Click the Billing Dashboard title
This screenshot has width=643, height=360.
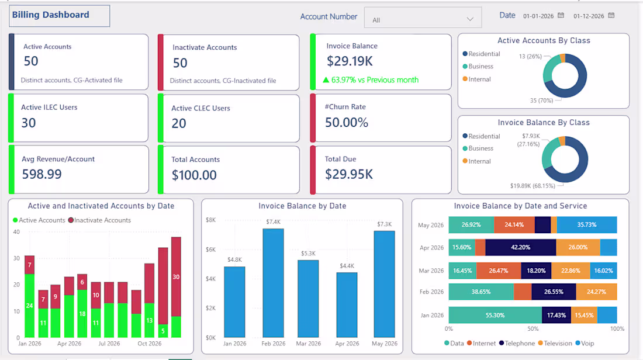(50, 15)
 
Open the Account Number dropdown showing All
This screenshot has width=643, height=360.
(423, 19)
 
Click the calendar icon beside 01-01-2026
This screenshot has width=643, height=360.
(561, 16)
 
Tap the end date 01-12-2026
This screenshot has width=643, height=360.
(589, 16)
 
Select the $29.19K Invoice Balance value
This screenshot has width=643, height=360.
(350, 61)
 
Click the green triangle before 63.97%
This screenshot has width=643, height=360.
(326, 80)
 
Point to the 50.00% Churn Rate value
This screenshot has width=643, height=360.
(347, 122)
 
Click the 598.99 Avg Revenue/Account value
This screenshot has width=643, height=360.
(42, 174)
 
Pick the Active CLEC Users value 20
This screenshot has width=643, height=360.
(179, 123)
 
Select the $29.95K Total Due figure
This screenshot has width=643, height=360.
(349, 174)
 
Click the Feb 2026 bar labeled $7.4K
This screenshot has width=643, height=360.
(273, 283)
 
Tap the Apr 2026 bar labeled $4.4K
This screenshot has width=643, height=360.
(347, 305)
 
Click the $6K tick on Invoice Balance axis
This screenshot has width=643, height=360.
(211, 250)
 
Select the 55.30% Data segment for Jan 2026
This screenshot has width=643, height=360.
(495, 315)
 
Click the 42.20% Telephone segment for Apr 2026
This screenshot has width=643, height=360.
(520, 248)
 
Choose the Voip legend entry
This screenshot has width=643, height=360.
(585, 343)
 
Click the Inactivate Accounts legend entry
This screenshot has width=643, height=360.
(99, 220)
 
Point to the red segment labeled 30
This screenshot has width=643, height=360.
(176, 277)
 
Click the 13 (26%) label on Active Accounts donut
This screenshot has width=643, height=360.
(530, 56)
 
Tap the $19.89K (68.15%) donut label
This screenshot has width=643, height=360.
(533, 186)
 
